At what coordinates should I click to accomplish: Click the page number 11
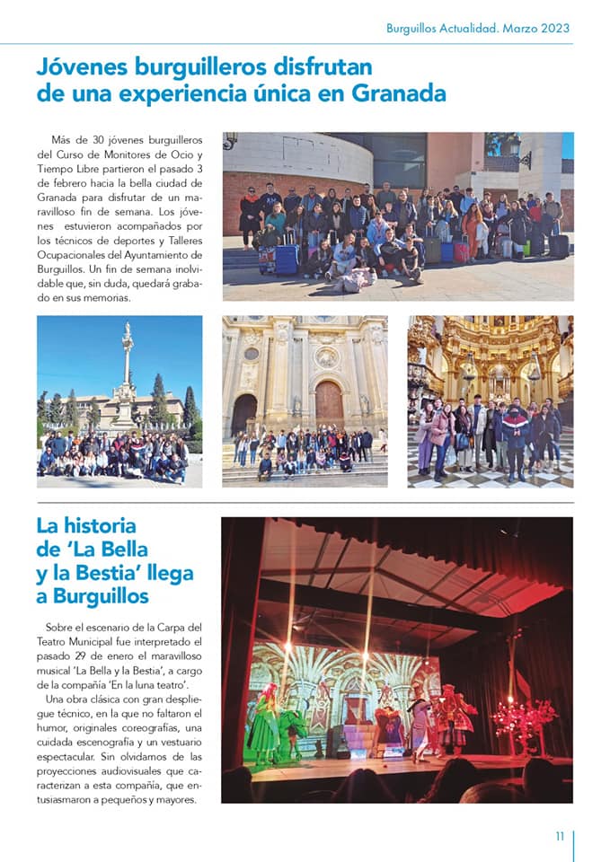559,836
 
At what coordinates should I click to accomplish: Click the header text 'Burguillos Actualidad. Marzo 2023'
478,28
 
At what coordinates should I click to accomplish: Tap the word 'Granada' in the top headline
399,93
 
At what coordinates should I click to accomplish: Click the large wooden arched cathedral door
328,404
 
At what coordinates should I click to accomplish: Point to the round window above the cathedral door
327,356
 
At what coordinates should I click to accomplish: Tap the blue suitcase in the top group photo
287,258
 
